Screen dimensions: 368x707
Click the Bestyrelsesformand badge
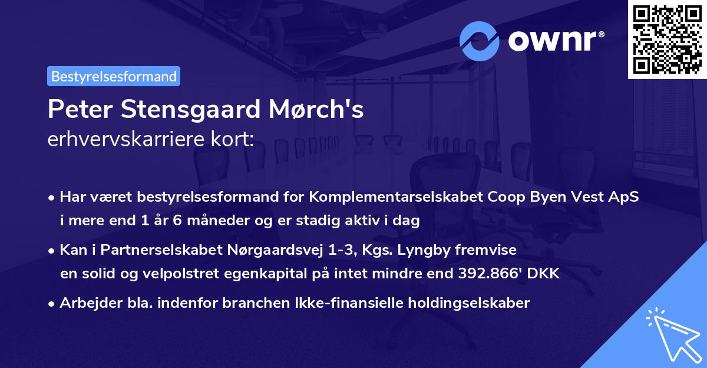(114, 77)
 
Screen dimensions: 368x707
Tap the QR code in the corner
(666, 39)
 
